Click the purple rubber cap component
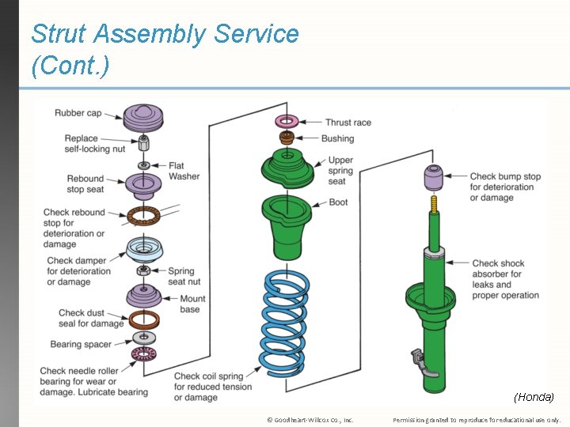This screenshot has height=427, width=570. pyautogui.click(x=144, y=118)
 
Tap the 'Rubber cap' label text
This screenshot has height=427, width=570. pyautogui.click(x=78, y=113)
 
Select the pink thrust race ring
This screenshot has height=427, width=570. pyautogui.click(x=286, y=121)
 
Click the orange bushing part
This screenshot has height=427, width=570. pyautogui.click(x=286, y=139)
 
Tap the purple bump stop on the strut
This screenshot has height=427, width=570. pyautogui.click(x=434, y=178)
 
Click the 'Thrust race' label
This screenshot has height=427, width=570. pyautogui.click(x=348, y=123)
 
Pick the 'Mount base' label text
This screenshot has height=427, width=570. pyautogui.click(x=192, y=304)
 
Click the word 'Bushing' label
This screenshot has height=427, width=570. pyautogui.click(x=337, y=138)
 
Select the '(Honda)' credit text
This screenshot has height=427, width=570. pyautogui.click(x=534, y=396)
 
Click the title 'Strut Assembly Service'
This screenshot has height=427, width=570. pyautogui.click(x=165, y=34)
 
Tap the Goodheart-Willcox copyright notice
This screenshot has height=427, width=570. pyautogui.click(x=310, y=420)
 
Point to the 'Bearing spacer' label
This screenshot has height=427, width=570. pyautogui.click(x=81, y=345)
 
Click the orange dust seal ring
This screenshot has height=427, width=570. pyautogui.click(x=144, y=319)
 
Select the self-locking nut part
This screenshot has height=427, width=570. pyautogui.click(x=144, y=143)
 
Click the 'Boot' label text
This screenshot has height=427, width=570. pyautogui.click(x=338, y=202)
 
